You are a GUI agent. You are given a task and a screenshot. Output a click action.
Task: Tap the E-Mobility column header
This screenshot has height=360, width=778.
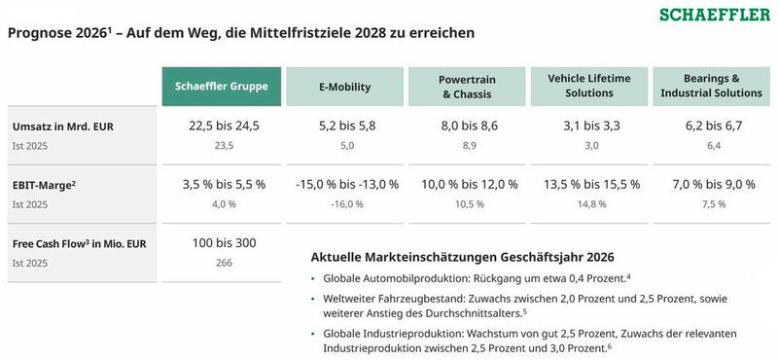tap(344, 87)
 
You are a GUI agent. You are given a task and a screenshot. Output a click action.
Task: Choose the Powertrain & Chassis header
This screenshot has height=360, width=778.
tap(466, 87)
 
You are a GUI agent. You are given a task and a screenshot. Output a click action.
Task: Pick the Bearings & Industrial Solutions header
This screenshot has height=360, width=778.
tap(711, 87)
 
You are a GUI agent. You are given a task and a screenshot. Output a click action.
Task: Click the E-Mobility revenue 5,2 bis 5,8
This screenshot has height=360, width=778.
tap(345, 126)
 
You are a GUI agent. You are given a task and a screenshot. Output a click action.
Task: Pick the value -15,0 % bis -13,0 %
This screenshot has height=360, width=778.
tap(345, 184)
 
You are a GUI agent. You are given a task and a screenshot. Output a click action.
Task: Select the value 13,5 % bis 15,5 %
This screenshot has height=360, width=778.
tap(588, 184)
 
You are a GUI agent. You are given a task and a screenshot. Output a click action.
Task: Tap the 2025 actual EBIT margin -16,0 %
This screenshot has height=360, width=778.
tap(345, 203)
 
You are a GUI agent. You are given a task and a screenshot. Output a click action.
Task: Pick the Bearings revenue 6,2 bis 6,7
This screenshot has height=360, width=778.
tap(711, 126)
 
